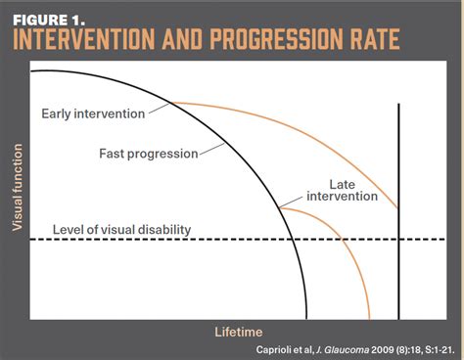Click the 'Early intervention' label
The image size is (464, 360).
pyautogui.click(x=93, y=113)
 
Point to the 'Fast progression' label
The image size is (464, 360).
pyautogui.click(x=148, y=153)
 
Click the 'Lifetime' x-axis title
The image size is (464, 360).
pyautogui.click(x=238, y=332)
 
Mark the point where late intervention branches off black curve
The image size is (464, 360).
pyautogui.click(x=278, y=207)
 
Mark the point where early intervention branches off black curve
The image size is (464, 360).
pyautogui.click(x=173, y=102)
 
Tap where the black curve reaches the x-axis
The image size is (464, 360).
pyautogui.click(x=307, y=320)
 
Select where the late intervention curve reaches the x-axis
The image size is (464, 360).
pyautogui.click(x=369, y=320)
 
